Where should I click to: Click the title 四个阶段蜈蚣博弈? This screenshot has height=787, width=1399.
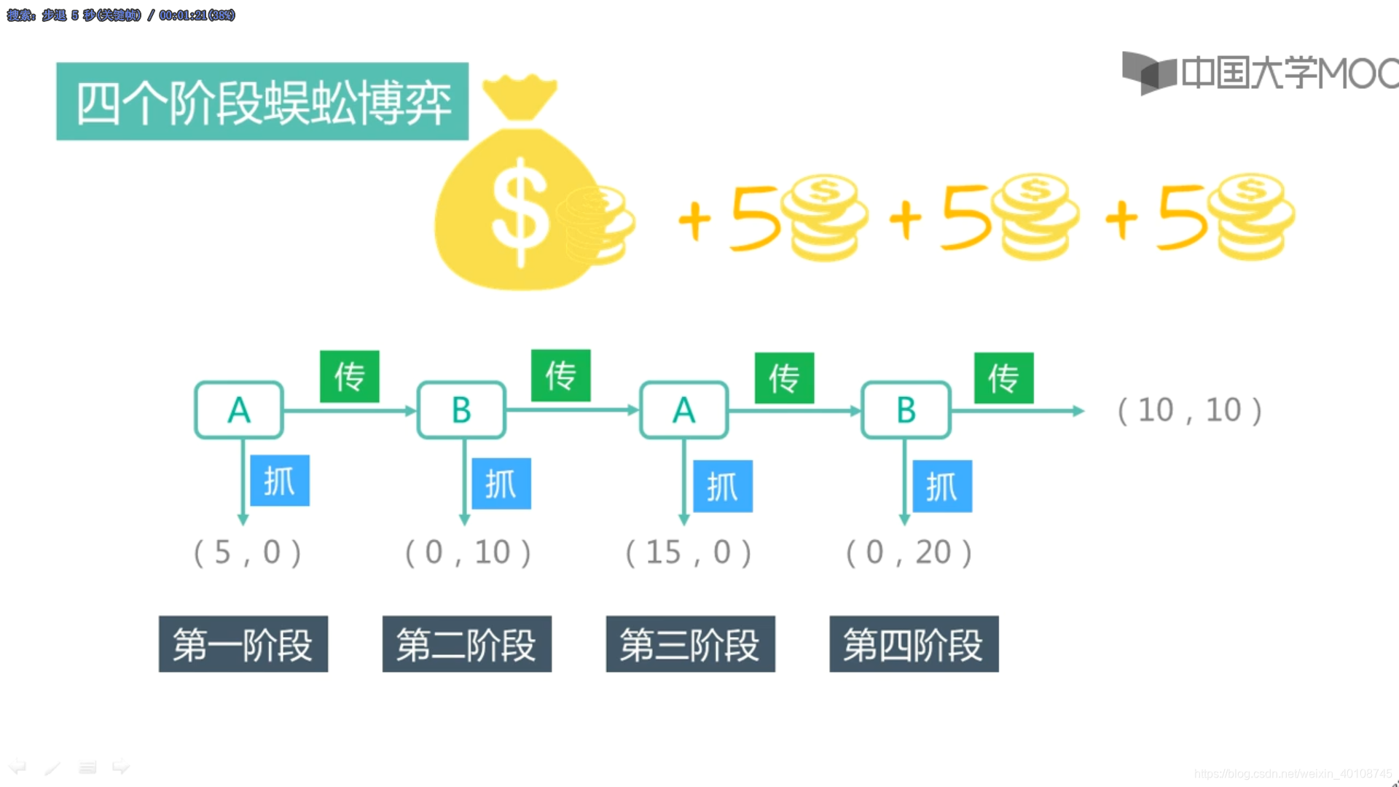262,102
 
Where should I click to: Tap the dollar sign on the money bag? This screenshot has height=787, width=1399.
520,211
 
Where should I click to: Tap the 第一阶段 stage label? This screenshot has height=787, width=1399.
243,644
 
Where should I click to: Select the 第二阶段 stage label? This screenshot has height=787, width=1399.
467,644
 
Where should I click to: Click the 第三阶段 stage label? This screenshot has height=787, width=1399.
691,644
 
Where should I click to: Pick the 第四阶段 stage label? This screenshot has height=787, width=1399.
914,644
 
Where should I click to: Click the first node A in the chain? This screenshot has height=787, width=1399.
239,410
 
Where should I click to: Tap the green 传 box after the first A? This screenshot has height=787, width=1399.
350,377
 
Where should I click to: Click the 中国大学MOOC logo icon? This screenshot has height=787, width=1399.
1148,73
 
